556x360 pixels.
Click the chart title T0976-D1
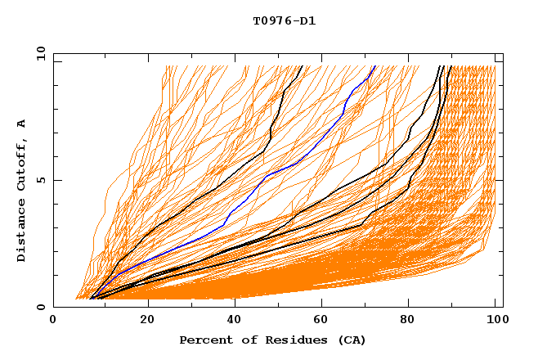click(284, 20)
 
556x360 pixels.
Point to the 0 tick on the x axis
click(53, 321)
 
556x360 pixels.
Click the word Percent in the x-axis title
click(205, 340)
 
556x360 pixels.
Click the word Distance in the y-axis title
click(21, 230)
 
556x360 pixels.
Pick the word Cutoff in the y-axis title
click(21, 165)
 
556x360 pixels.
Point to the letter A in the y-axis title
click(21, 124)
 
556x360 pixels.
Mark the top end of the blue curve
click(374, 66)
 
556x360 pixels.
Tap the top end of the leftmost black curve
click(302, 66)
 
